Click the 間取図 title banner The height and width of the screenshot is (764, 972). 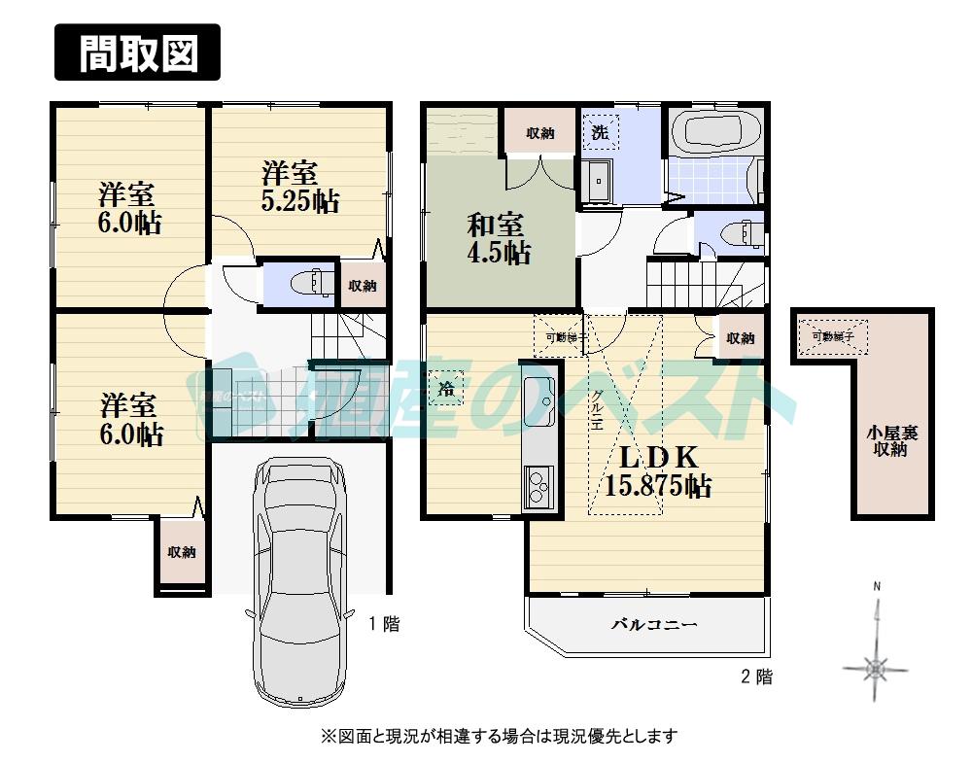pyautogui.click(x=137, y=52)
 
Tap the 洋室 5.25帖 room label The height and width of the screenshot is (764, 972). pyautogui.click(x=300, y=188)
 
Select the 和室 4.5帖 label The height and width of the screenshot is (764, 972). pyautogui.click(x=499, y=239)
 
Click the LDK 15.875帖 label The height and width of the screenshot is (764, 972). pyautogui.click(x=657, y=471)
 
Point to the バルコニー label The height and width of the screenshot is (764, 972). pyautogui.click(x=654, y=625)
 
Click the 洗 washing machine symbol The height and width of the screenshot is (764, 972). pyautogui.click(x=601, y=133)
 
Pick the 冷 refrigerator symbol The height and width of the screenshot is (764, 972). pyautogui.click(x=446, y=390)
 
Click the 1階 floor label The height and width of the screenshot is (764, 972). pyautogui.click(x=383, y=625)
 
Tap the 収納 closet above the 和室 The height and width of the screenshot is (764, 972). pyautogui.click(x=539, y=133)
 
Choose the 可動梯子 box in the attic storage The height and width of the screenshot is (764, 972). pyautogui.click(x=834, y=336)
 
